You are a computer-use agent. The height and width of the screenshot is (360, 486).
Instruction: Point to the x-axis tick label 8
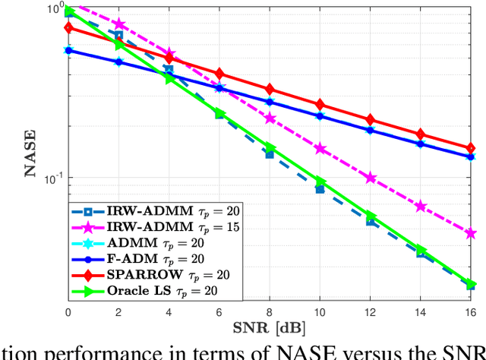tap(270, 314)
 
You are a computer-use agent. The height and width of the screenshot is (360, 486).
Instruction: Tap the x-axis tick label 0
tap(68, 314)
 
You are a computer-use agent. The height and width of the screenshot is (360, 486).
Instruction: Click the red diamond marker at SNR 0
tap(68, 28)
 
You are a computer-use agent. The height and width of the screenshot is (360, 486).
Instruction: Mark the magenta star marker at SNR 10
tap(320, 149)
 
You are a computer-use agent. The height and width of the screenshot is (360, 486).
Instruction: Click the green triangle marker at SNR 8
tap(270, 147)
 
